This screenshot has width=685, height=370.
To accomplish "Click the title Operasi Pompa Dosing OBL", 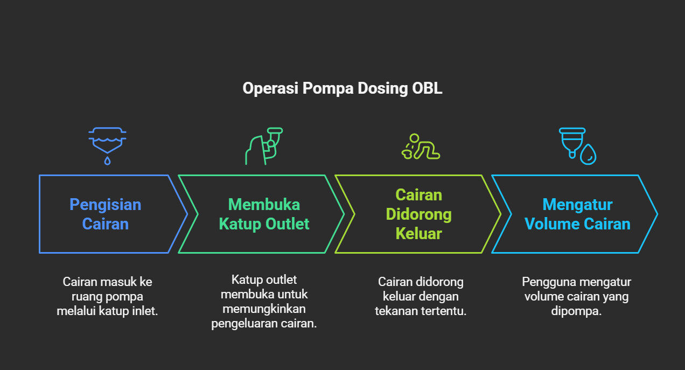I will coord(342,88).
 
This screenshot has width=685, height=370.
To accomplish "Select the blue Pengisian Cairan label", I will coord(106,214).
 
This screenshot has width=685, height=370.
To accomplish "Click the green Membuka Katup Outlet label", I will coord(264,214).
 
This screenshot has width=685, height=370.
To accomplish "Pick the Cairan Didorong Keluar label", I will coord(418,214).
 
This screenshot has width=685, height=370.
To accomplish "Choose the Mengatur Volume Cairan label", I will coord(577,214).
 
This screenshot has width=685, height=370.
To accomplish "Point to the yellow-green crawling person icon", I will coord(421,146).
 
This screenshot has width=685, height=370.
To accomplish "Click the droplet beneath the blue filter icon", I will coord(107,160).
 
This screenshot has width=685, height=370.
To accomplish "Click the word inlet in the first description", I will coord(144,311).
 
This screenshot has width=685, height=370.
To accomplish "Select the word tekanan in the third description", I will coord(399,311).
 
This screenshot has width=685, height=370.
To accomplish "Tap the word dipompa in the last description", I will coord(576,311).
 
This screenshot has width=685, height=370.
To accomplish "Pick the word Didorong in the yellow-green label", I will coord(418,214).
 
